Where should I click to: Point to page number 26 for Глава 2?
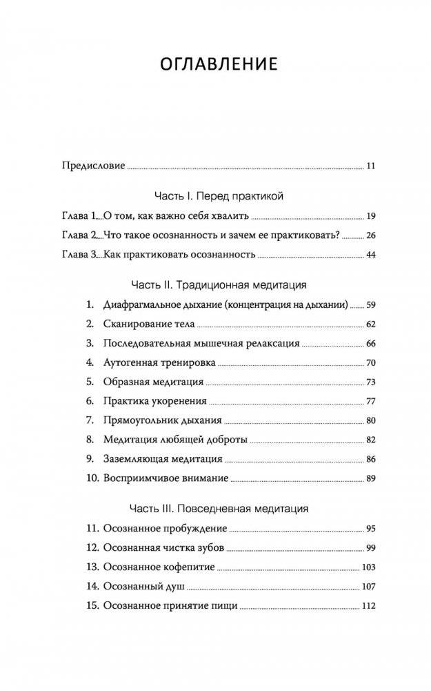370,235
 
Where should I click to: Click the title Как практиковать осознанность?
179,255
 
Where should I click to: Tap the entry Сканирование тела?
148,323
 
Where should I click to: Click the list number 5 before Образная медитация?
89,381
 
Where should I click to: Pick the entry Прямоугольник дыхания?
161,420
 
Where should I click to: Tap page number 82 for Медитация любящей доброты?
370,439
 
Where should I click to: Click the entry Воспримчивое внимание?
166,478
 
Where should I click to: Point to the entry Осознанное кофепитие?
159,567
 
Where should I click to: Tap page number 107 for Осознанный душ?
368,587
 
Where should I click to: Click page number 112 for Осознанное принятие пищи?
368,607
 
